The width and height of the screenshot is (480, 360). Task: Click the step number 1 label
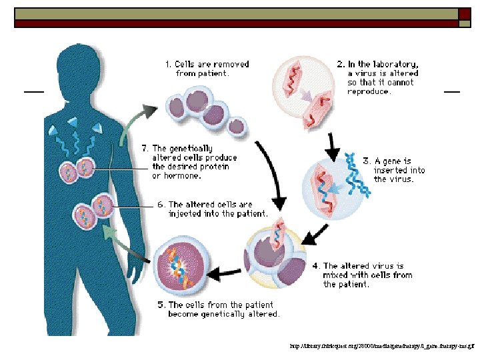point(169,65)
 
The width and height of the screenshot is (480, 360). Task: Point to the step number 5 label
point(161,305)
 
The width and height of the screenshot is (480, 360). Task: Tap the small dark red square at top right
point(464,14)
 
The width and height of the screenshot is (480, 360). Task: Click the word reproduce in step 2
point(369,92)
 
